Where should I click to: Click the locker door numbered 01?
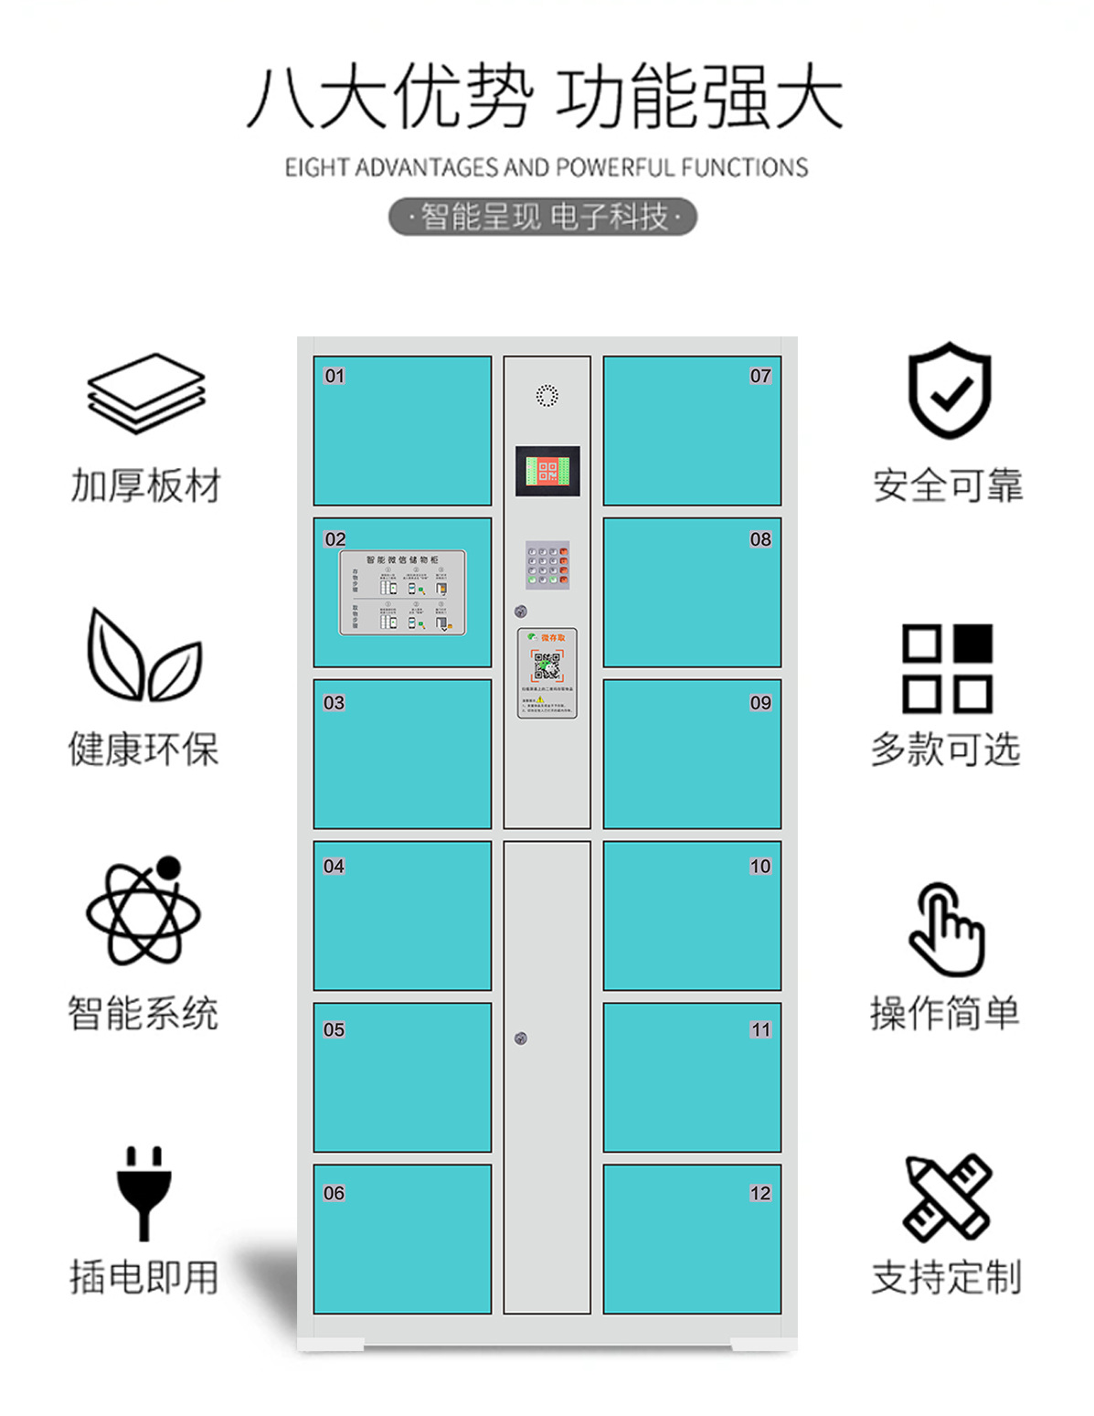point(402,431)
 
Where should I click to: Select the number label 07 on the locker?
point(760,376)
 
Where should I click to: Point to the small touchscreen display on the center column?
point(547,472)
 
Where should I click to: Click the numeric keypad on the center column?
point(547,564)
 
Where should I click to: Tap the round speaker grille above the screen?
point(547,395)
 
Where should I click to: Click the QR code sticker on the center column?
point(547,672)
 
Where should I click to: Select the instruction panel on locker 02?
point(403,592)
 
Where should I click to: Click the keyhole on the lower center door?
point(521,1038)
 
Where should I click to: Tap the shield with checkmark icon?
point(950,391)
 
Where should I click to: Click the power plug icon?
point(144,1192)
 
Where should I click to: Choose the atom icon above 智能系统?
point(143,911)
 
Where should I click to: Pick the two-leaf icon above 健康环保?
point(143,655)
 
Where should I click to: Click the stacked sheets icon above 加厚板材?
point(146,393)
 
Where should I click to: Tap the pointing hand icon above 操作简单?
point(947,929)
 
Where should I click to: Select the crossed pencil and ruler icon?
point(948,1196)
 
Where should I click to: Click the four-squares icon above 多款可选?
point(947,668)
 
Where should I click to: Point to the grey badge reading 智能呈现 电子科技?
point(543,218)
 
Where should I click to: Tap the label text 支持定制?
point(946,1277)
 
